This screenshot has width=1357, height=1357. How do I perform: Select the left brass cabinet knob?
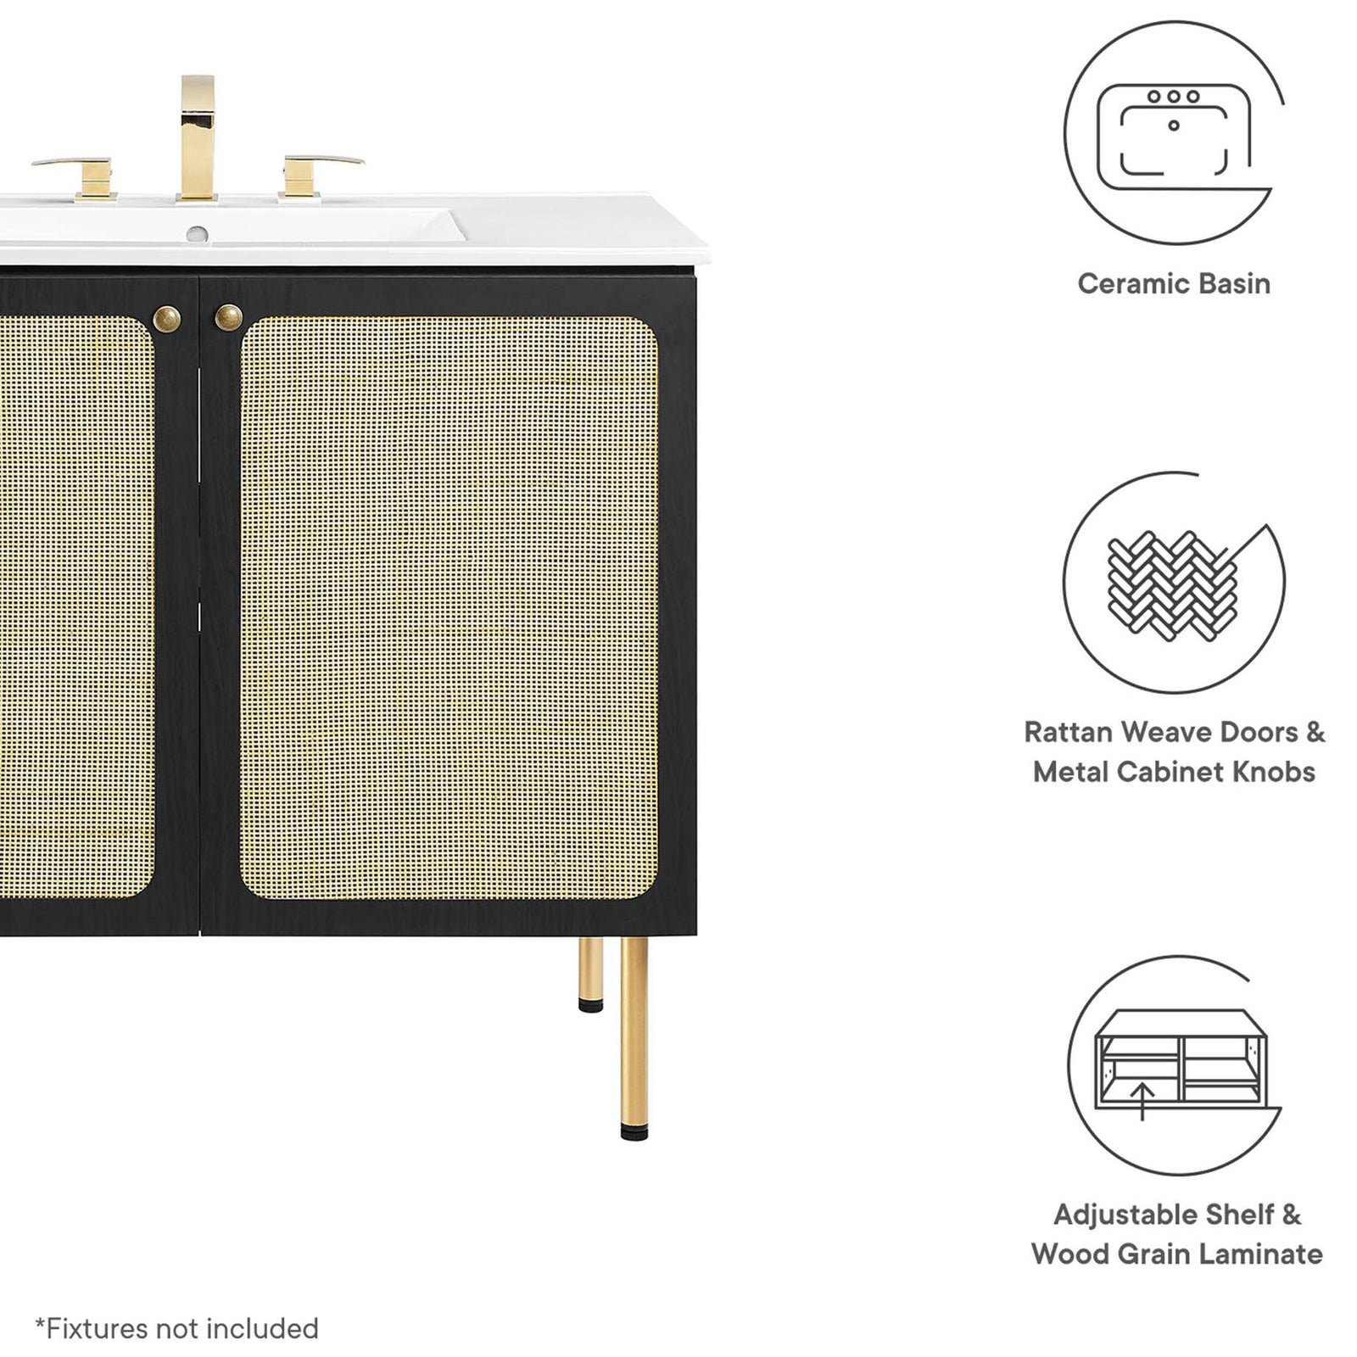[167, 318]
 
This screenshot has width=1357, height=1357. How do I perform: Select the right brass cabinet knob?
[229, 318]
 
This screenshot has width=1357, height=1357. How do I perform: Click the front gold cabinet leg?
[634, 1037]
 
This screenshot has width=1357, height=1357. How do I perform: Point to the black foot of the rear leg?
[591, 1006]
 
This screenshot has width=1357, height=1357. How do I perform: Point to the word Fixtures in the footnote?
[92, 1328]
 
